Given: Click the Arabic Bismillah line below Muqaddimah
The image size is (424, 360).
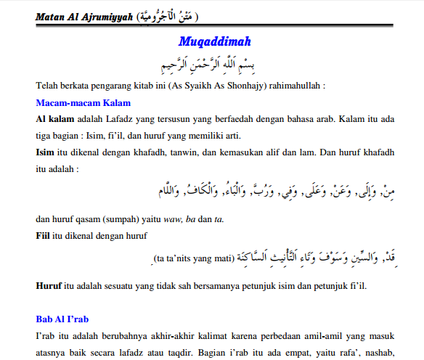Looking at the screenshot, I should click(211, 61).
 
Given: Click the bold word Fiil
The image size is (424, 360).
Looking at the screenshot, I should click(44, 236).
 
